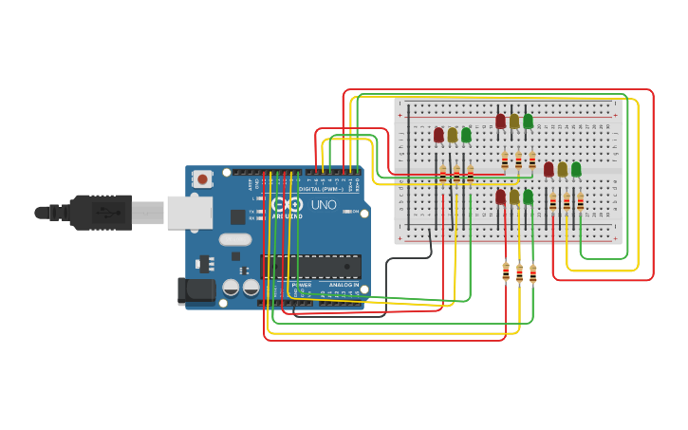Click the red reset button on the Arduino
coord(203,178)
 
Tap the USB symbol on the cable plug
coord(104,213)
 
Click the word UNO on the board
coord(324,204)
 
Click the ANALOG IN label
coord(344,285)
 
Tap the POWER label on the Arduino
coord(302,285)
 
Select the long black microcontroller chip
coord(310,267)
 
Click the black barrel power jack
coord(197,290)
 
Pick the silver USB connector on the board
coord(189,213)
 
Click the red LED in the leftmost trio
coord(438,135)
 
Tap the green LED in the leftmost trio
coord(466,135)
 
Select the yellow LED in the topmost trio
coord(514,121)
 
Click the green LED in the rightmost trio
coord(576,169)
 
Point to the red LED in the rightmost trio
coord(549,169)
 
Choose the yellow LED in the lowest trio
coord(514,196)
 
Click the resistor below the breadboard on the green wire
coord(533,273)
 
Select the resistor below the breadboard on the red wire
coord(506,271)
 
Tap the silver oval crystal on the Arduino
coord(235,239)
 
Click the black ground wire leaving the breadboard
coord(408,259)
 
